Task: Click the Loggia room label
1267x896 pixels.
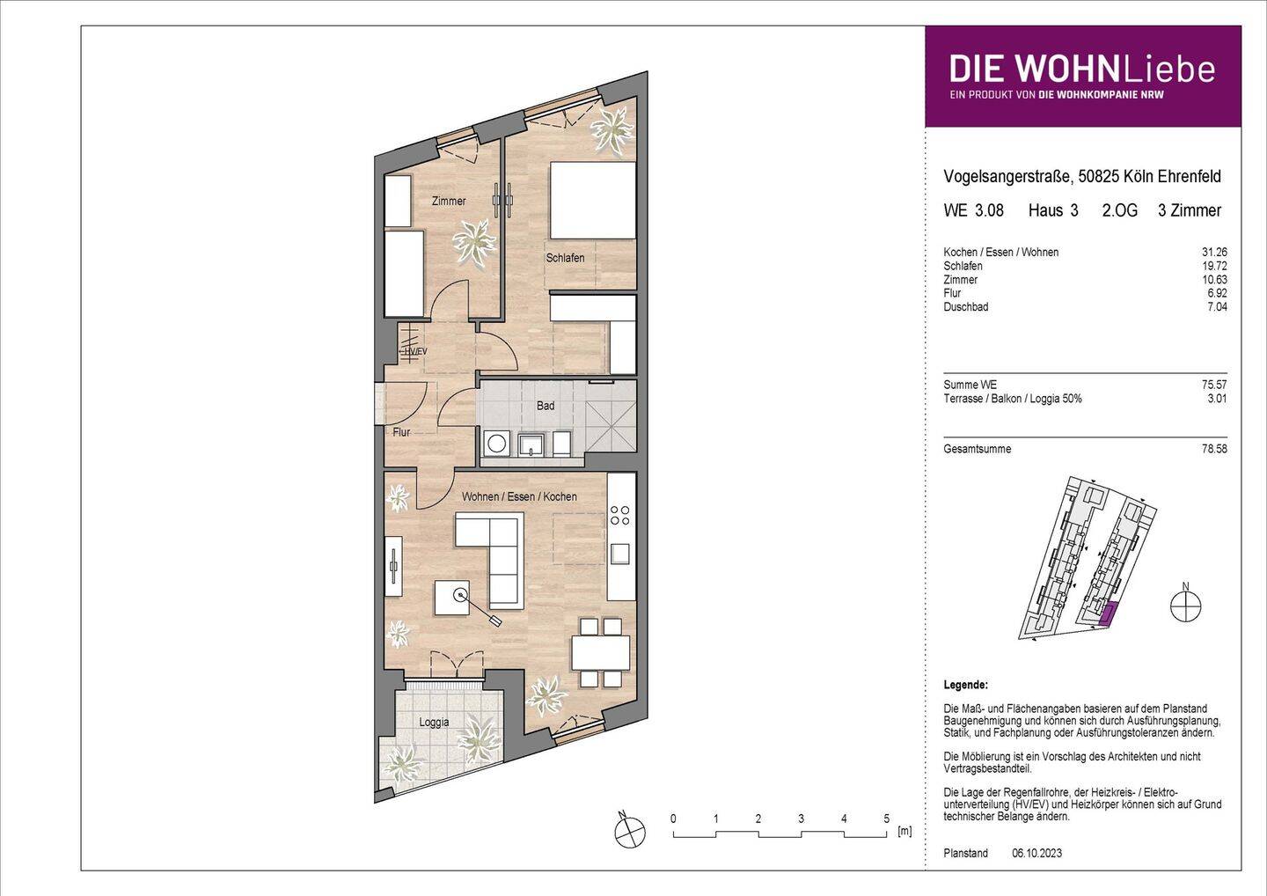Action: click(434, 723)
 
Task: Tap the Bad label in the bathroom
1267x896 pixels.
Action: click(546, 406)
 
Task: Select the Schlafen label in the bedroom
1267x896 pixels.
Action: click(565, 258)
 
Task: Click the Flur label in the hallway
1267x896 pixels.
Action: click(401, 432)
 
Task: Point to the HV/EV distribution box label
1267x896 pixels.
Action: click(414, 351)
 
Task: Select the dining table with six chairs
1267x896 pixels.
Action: click(600, 652)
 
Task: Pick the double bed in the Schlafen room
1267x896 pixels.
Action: click(592, 200)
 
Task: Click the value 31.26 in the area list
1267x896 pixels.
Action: click(1214, 253)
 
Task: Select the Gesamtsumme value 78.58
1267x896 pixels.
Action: click(1214, 449)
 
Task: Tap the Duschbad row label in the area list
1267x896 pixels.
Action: click(965, 307)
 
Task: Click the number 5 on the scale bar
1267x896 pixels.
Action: click(886, 819)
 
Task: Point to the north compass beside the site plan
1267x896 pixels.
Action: click(1185, 606)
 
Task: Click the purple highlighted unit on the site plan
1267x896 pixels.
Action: click(1108, 613)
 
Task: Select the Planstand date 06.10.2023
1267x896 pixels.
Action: click(1037, 853)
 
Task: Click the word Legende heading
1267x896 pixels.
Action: click(965, 685)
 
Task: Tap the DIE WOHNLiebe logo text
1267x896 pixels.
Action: click(1081, 69)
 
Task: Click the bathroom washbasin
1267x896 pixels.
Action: click(530, 443)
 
